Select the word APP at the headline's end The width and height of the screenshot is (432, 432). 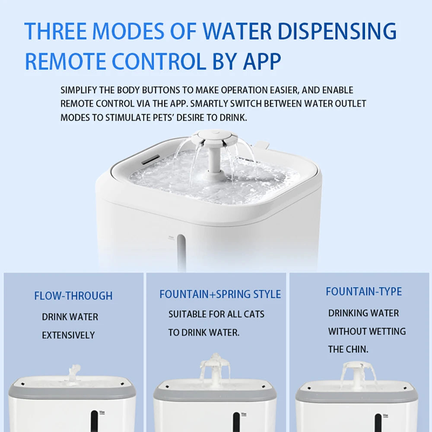[262, 61]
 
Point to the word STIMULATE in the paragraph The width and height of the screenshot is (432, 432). [128, 118]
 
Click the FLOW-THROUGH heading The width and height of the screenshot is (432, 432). [73, 296]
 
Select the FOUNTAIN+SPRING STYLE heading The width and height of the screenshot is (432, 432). [220, 294]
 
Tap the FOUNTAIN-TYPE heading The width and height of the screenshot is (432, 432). [364, 292]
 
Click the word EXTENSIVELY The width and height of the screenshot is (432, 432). [68, 335]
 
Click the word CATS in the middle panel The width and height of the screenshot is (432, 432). [254, 314]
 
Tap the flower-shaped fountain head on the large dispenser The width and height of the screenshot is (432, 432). [214, 137]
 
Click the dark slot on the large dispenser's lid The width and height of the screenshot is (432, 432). [150, 159]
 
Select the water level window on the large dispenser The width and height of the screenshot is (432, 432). [181, 252]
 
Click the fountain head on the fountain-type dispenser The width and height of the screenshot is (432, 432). [358, 366]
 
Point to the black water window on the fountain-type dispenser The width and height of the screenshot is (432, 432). [378, 423]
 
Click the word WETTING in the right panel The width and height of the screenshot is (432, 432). [386, 331]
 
